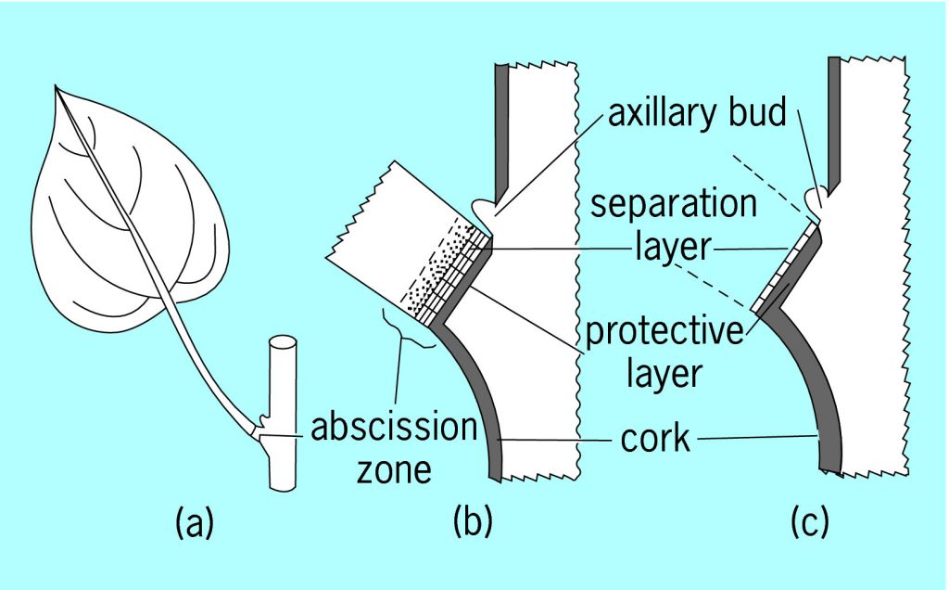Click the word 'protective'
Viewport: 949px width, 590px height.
click(664, 332)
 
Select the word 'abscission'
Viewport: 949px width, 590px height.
click(392, 429)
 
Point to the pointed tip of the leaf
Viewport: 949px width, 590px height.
click(57, 88)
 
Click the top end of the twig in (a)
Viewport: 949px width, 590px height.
click(285, 344)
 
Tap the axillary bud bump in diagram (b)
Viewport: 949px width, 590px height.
click(483, 208)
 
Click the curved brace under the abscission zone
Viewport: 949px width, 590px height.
click(408, 333)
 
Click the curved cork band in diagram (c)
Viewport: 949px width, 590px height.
click(816, 399)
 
